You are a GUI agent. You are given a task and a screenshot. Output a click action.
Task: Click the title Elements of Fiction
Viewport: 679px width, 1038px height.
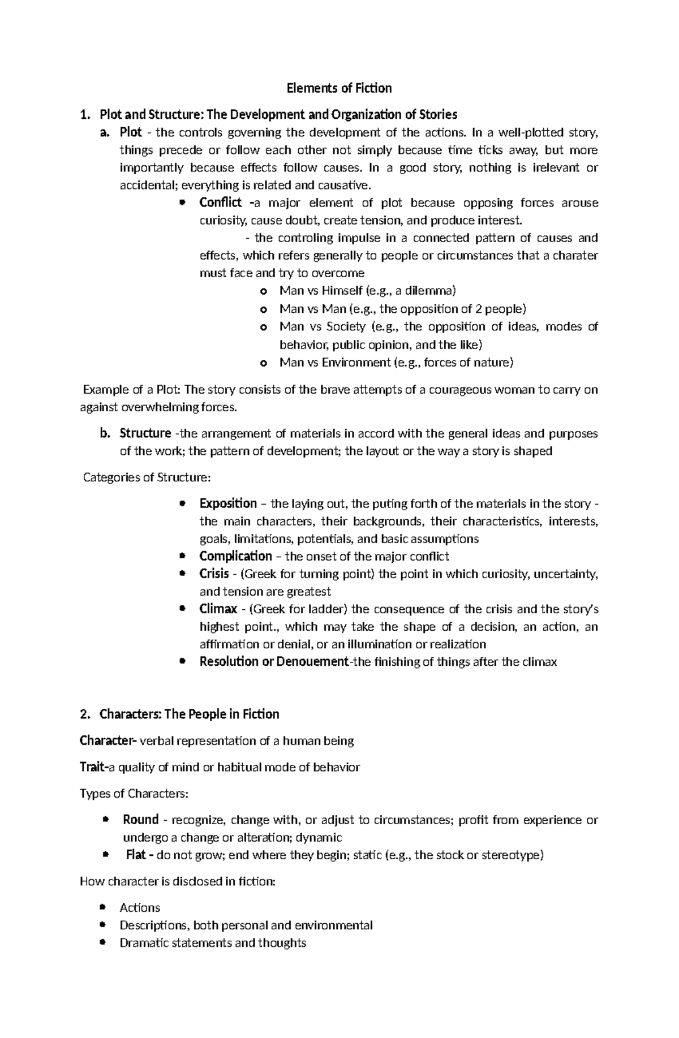tap(339, 88)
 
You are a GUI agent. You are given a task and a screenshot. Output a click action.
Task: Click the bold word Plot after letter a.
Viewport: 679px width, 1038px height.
tap(131, 133)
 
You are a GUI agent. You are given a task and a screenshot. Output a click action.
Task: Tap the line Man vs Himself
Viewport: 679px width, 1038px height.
tap(367, 291)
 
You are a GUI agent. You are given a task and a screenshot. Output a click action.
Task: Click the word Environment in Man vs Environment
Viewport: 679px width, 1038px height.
tap(355, 363)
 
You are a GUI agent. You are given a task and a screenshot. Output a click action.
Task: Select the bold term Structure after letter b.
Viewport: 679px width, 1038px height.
tap(145, 433)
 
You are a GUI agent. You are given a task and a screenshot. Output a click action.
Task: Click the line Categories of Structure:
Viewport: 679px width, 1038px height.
tap(147, 477)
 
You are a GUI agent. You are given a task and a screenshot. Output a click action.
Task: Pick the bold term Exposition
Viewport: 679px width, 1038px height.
tap(228, 503)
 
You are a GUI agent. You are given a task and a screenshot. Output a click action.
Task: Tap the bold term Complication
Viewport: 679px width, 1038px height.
tap(235, 556)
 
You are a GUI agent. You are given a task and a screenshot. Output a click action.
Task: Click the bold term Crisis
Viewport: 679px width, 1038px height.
tap(214, 574)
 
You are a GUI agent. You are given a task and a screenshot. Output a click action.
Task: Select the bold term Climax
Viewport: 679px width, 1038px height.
tap(218, 609)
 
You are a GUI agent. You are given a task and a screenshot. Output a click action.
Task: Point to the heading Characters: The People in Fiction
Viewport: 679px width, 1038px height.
tap(189, 714)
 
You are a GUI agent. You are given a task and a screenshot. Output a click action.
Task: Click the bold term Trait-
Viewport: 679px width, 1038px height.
tap(93, 767)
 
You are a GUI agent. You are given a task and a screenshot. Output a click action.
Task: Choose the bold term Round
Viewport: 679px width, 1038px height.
tap(140, 820)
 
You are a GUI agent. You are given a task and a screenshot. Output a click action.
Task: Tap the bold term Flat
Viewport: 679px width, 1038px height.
tap(136, 855)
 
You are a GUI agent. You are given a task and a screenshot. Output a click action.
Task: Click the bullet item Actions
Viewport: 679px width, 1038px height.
tap(140, 908)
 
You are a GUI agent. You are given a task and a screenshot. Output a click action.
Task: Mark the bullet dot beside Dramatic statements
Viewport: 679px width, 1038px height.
tap(102, 942)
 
